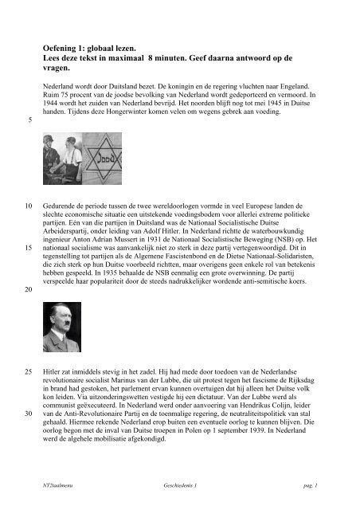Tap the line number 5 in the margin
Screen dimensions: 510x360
[29, 122]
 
